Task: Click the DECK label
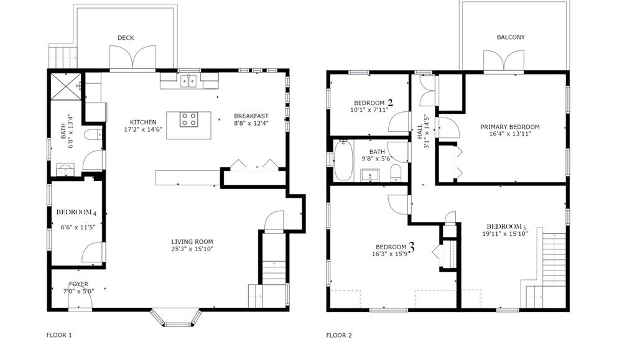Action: pyautogui.click(x=126, y=38)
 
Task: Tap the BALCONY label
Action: pyautogui.click(x=511, y=37)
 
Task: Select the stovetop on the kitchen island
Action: pyautogui.click(x=189, y=119)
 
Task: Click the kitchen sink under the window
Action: pyautogui.click(x=189, y=81)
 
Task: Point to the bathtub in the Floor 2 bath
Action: pyautogui.click(x=343, y=160)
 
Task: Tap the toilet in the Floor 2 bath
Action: pyautogui.click(x=396, y=173)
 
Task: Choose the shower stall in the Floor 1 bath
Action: pyautogui.click(x=66, y=86)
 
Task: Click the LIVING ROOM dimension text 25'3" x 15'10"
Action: pyautogui.click(x=192, y=249)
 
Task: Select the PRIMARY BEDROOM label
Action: pyautogui.click(x=510, y=127)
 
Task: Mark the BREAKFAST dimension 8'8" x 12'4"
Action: pyautogui.click(x=251, y=123)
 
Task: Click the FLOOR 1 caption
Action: pyautogui.click(x=59, y=335)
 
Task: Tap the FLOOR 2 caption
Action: pyautogui.click(x=339, y=335)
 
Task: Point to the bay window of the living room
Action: pyautogui.click(x=176, y=318)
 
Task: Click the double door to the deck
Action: pyautogui.click(x=132, y=57)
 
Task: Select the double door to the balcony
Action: pyautogui.click(x=504, y=61)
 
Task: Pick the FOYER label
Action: pyautogui.click(x=78, y=284)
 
